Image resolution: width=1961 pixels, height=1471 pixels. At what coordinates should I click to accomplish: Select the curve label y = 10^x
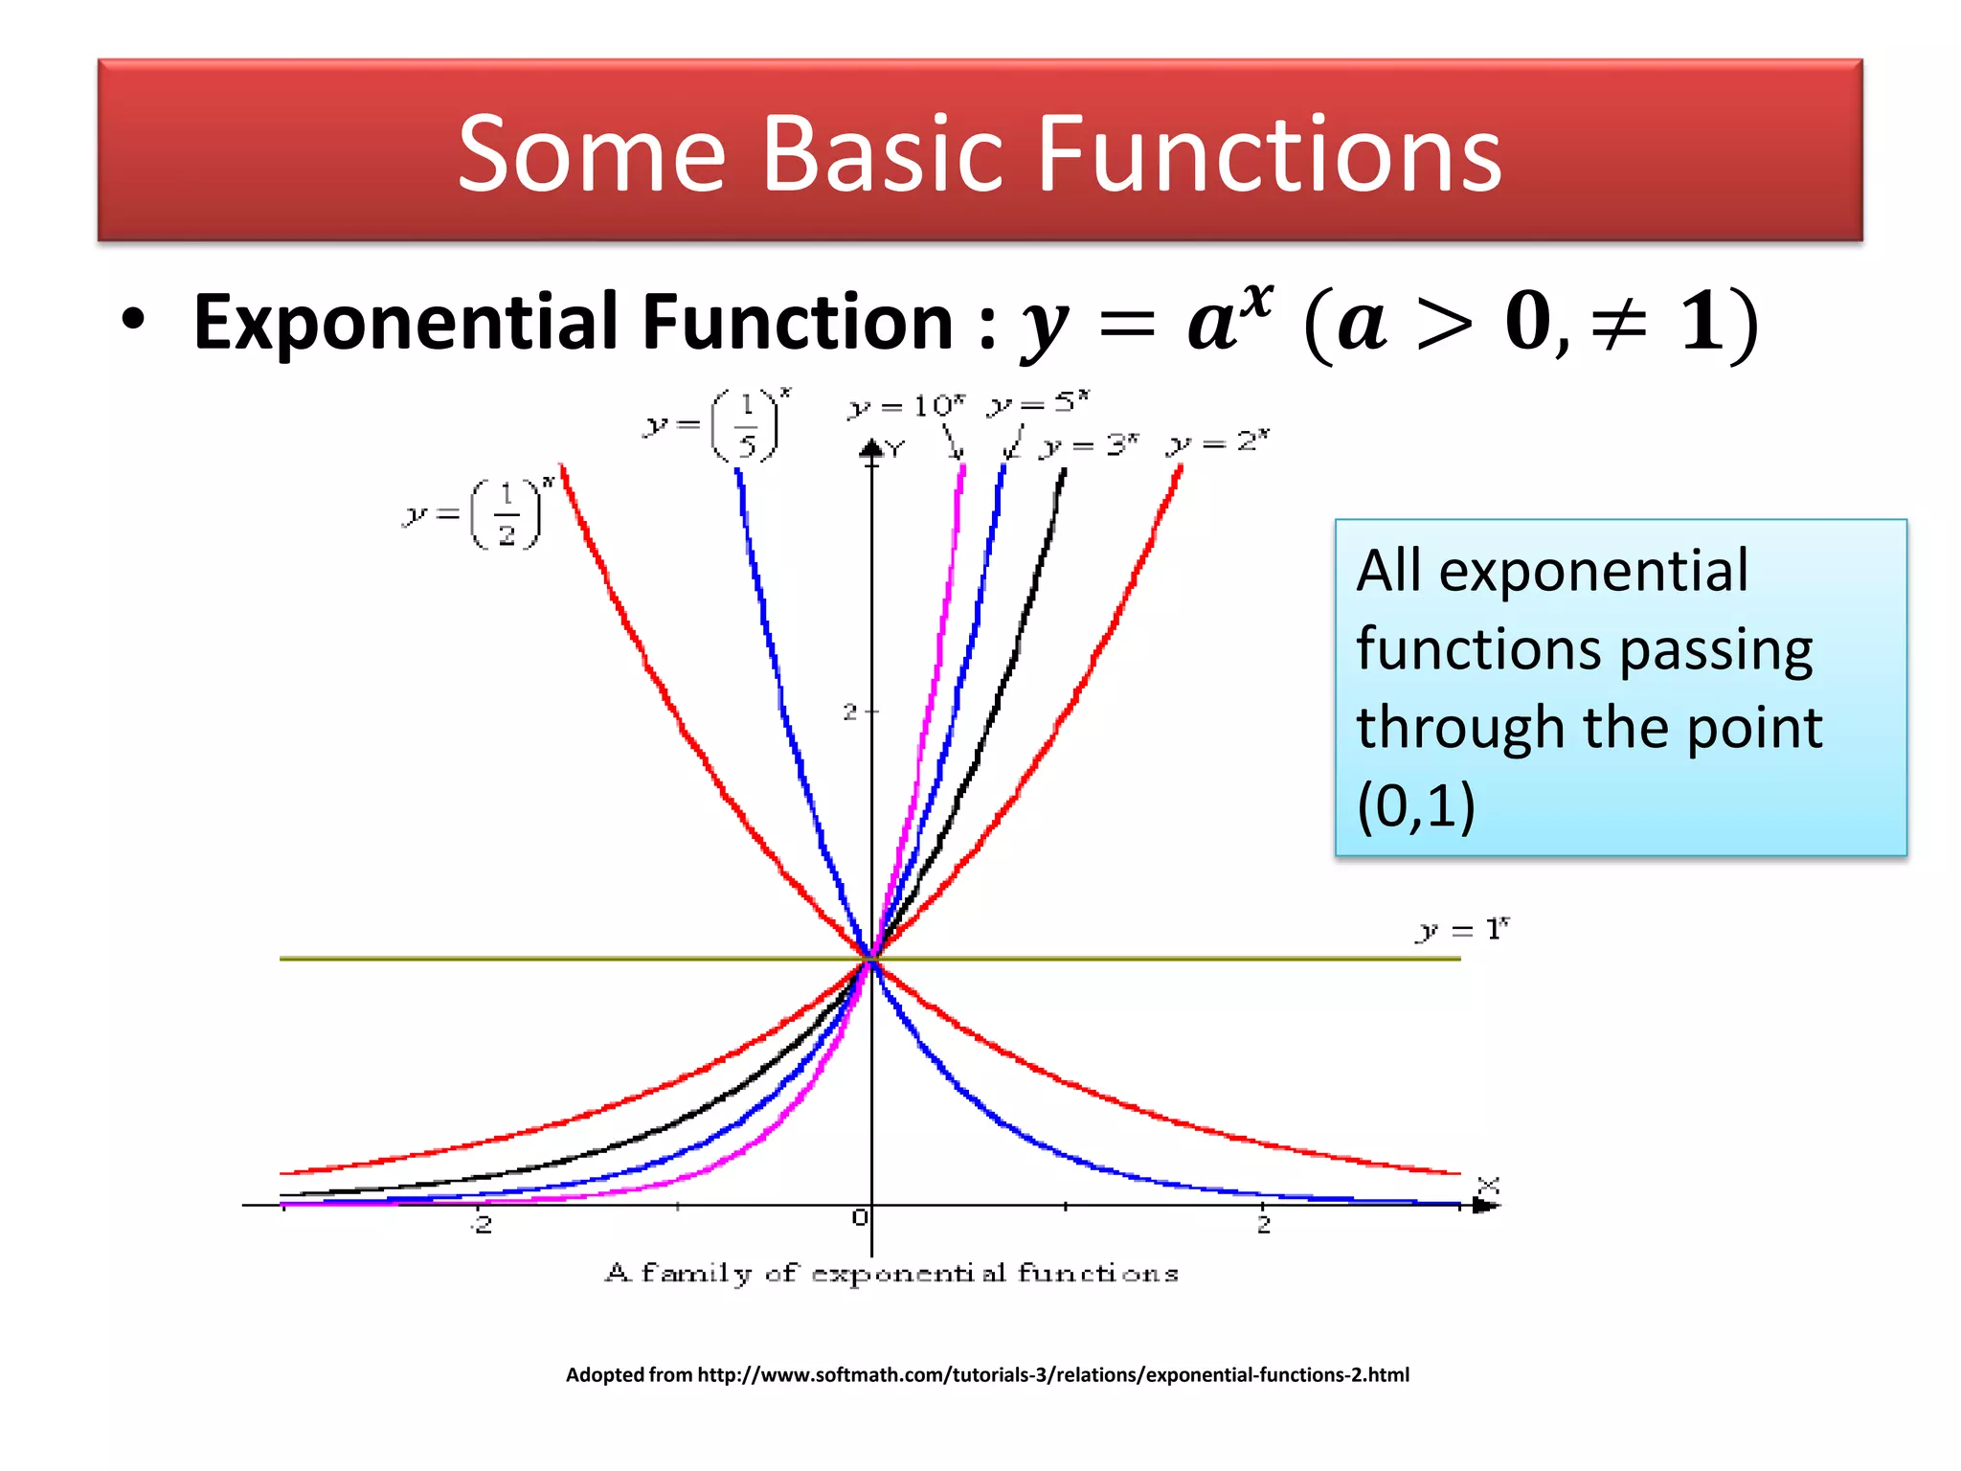point(907,406)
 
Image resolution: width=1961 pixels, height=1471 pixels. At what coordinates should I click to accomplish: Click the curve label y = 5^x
point(1039,403)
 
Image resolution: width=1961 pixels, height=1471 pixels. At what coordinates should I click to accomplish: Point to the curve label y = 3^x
point(1090,445)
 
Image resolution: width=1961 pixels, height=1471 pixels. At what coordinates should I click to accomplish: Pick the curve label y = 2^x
point(1218,442)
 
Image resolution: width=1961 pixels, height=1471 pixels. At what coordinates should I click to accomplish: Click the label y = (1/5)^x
point(717,424)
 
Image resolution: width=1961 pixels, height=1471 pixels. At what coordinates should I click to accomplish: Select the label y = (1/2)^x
point(477,514)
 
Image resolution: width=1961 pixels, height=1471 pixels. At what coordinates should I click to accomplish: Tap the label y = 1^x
point(1462,929)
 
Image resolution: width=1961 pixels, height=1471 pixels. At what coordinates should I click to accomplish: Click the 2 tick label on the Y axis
point(849,712)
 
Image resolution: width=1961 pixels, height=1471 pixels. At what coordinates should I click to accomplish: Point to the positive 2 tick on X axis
point(1263,1223)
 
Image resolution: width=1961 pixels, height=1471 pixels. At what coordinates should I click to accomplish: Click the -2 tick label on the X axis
point(483,1223)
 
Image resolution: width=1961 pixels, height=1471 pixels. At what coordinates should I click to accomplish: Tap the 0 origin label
point(859,1217)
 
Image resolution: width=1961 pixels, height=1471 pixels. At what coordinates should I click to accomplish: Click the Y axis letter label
point(894,448)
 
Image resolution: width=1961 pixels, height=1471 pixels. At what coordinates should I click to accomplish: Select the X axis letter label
point(1487,1186)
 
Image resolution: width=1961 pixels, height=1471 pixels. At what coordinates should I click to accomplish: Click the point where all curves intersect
point(871,958)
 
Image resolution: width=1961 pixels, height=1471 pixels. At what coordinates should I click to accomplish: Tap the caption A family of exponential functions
point(891,1273)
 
